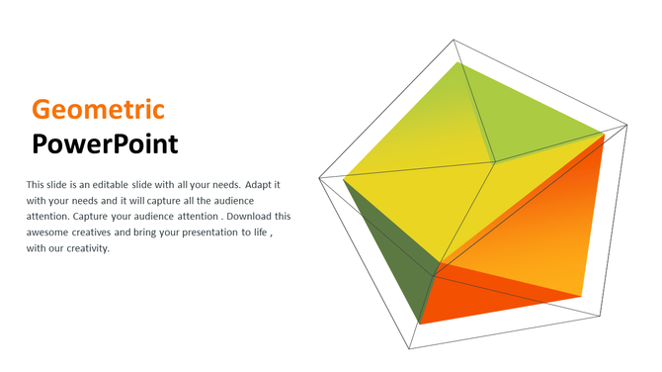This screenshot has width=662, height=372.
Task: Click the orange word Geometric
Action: [98, 110]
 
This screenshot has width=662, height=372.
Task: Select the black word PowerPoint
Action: [105, 144]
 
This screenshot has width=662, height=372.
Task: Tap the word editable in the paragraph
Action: [127, 185]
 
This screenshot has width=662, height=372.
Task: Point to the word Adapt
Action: [256, 185]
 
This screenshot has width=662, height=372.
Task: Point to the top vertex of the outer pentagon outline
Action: [455, 41]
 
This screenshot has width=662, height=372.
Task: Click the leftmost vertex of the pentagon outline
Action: [319, 178]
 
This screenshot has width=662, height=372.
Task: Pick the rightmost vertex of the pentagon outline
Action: [627, 125]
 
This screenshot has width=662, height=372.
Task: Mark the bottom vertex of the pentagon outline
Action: [410, 349]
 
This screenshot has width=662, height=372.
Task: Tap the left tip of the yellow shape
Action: [343, 180]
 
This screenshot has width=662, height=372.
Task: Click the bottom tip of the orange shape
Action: [421, 324]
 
